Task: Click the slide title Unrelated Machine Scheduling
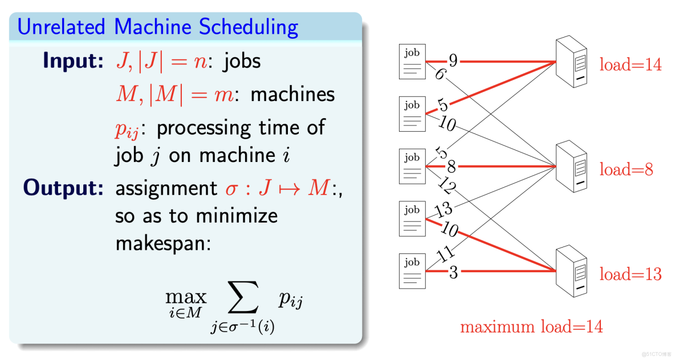[x=158, y=27]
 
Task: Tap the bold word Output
[x=63, y=189]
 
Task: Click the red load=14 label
[x=630, y=65]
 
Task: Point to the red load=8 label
[x=626, y=169]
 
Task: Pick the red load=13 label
[x=630, y=274]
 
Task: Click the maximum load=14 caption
[x=531, y=327]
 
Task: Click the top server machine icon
[x=572, y=62]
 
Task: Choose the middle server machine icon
[x=572, y=167]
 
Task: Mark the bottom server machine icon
[x=572, y=271]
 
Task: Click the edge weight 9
[x=453, y=59]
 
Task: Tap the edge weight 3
[x=453, y=273]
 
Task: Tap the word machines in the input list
[x=292, y=94]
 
